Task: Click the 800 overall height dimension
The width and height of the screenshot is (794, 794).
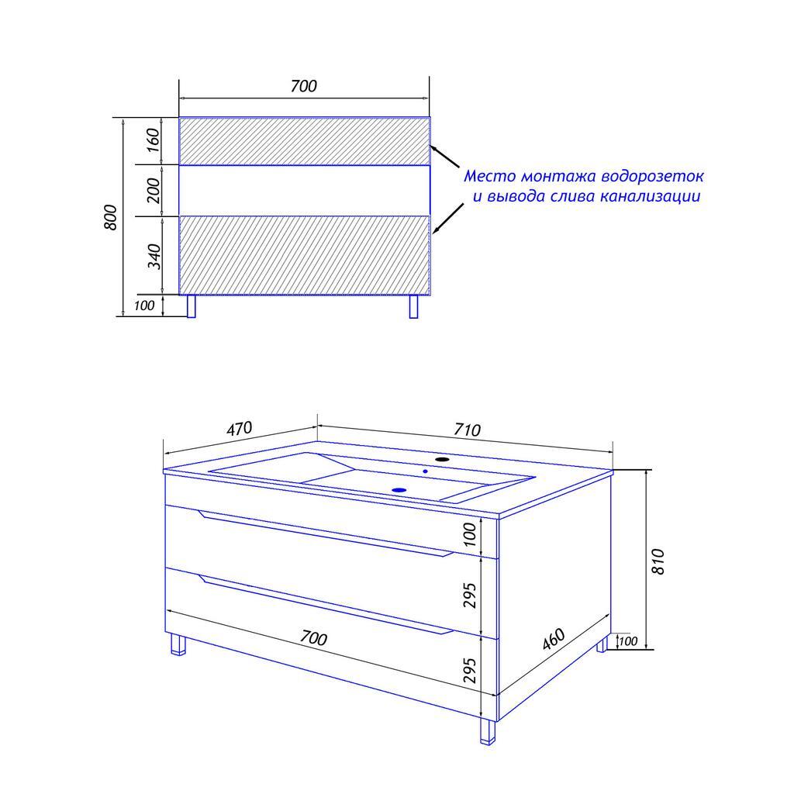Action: [110, 217]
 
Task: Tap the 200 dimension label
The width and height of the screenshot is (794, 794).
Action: [153, 191]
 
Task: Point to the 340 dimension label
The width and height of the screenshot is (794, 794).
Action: [154, 256]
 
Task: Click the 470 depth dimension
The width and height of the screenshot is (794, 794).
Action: [239, 429]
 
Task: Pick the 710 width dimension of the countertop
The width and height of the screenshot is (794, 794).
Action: [466, 430]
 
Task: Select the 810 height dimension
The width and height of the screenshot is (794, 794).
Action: [658, 561]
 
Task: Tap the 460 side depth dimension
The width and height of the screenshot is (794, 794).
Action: [554, 639]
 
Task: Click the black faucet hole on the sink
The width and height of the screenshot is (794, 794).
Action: [443, 459]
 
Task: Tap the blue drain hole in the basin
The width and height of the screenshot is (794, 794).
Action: [399, 490]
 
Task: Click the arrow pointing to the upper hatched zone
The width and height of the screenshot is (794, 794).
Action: [444, 157]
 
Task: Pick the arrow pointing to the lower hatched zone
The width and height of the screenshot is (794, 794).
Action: [448, 219]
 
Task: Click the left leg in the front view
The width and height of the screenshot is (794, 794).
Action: [192, 306]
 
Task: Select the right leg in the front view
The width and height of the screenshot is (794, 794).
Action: [414, 306]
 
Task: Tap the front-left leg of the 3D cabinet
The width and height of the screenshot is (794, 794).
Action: [178, 644]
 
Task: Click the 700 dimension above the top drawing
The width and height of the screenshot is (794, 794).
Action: [304, 86]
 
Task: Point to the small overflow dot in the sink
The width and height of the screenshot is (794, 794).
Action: [426, 471]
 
